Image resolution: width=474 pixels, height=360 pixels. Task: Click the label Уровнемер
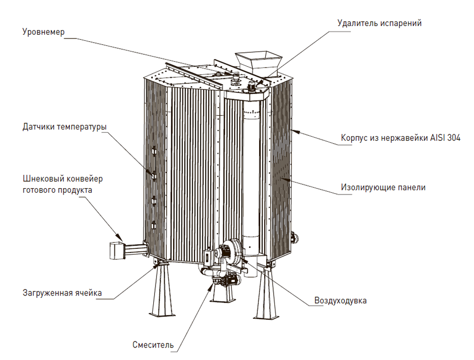[44, 32]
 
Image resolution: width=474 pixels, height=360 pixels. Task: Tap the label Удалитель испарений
[380, 23]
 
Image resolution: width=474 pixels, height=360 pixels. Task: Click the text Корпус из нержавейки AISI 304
[400, 138]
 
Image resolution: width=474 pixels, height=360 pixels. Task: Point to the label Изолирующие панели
[383, 188]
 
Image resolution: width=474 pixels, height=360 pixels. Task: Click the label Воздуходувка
[341, 300]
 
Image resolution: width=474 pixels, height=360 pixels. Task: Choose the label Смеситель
[153, 345]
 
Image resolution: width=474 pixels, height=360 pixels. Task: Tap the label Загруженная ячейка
[62, 293]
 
